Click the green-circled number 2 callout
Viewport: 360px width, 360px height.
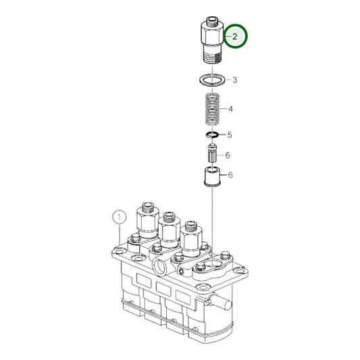coord(235,36)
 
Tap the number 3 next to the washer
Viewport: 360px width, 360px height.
coord(234,80)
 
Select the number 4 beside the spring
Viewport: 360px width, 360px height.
coord(230,109)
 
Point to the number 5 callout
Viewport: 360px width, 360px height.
coord(230,135)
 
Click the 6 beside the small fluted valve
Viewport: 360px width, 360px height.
coord(228,155)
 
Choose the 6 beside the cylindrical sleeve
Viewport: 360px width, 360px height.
coord(230,175)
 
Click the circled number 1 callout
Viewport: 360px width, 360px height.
coord(119,217)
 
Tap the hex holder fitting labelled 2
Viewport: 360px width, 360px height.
coord(212,40)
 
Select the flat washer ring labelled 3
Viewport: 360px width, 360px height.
coord(212,80)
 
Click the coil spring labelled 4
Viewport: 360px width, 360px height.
coord(212,109)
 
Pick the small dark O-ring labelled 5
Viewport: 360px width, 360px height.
coord(212,135)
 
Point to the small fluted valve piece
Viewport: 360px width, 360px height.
coord(212,153)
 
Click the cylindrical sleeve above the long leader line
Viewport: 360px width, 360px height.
coord(212,177)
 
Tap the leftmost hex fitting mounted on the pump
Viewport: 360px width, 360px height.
coord(148,220)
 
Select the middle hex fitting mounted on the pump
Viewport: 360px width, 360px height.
coord(170,230)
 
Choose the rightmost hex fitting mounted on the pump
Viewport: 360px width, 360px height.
coord(191,239)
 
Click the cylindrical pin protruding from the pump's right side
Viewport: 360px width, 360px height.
coord(220,301)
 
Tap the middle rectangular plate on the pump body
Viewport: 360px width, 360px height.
coord(163,289)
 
